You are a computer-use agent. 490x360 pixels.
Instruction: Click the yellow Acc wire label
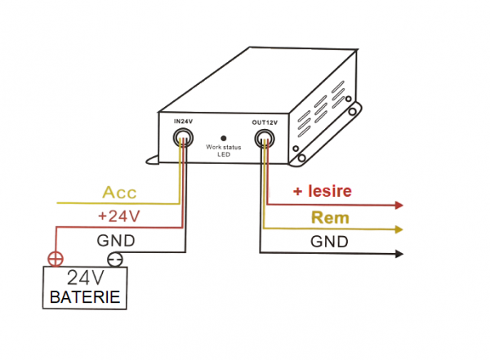(119, 193)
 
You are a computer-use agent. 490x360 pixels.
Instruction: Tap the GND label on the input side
(116, 241)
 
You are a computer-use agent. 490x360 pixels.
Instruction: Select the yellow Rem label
(330, 218)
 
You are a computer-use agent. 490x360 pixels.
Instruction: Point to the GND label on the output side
(329, 242)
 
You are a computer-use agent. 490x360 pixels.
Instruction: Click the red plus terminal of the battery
(55, 260)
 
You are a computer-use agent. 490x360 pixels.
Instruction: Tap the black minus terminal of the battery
(117, 260)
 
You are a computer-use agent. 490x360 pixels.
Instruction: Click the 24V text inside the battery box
(86, 278)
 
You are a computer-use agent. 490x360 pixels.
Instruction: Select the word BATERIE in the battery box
(86, 297)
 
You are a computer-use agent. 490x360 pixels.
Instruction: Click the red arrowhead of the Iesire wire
(399, 205)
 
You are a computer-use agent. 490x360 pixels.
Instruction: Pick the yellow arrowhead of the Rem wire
(399, 230)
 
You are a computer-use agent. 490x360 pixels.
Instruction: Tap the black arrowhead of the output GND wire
(399, 254)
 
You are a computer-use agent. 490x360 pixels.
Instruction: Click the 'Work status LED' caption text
(224, 152)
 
